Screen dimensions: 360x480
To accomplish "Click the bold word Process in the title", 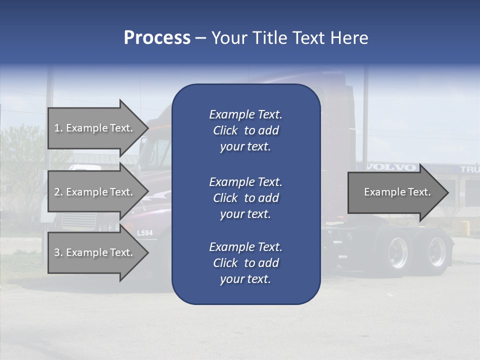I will pos(157,38).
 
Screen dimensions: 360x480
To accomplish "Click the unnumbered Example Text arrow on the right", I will pos(397,192).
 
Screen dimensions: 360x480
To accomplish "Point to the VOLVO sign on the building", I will pos(391,167).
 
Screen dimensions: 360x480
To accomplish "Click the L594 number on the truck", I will pos(145,233).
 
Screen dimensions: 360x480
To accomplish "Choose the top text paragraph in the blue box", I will pos(245,130).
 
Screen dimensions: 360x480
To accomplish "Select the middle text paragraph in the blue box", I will pos(245,198).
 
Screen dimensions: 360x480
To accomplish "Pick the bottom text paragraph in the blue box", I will pos(245,263).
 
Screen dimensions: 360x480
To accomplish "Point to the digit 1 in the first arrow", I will pos(57,128).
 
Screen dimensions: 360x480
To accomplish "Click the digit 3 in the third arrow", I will pos(57,252).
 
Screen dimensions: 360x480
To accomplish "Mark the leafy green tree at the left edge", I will pos(20,160).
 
